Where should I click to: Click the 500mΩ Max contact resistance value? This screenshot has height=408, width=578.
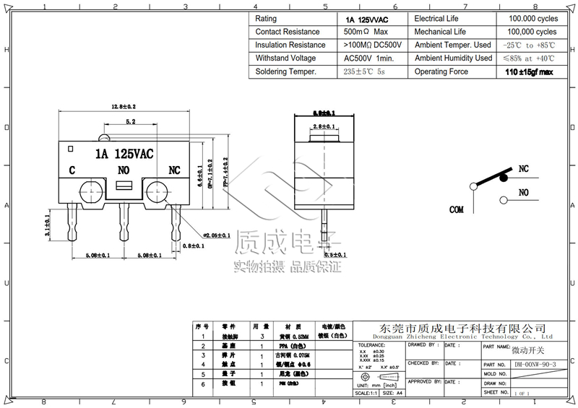point(366,32)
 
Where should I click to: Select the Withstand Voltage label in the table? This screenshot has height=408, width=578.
point(285,58)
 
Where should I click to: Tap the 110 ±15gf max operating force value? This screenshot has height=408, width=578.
point(530,72)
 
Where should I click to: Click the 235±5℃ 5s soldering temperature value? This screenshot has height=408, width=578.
point(364,72)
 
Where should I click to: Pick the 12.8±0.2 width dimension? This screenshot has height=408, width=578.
point(124,106)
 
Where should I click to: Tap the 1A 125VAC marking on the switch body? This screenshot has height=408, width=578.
point(124,154)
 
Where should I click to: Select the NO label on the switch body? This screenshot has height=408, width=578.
point(124,170)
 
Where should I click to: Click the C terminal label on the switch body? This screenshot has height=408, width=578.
point(72,171)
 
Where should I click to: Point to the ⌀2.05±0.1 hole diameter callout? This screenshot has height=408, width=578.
point(215,235)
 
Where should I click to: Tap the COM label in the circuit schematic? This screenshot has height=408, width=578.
point(456,210)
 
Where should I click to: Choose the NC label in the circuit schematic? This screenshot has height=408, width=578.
point(523,169)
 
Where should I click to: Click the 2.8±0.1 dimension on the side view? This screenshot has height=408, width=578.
point(323,126)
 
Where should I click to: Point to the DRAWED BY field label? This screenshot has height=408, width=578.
point(423,345)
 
